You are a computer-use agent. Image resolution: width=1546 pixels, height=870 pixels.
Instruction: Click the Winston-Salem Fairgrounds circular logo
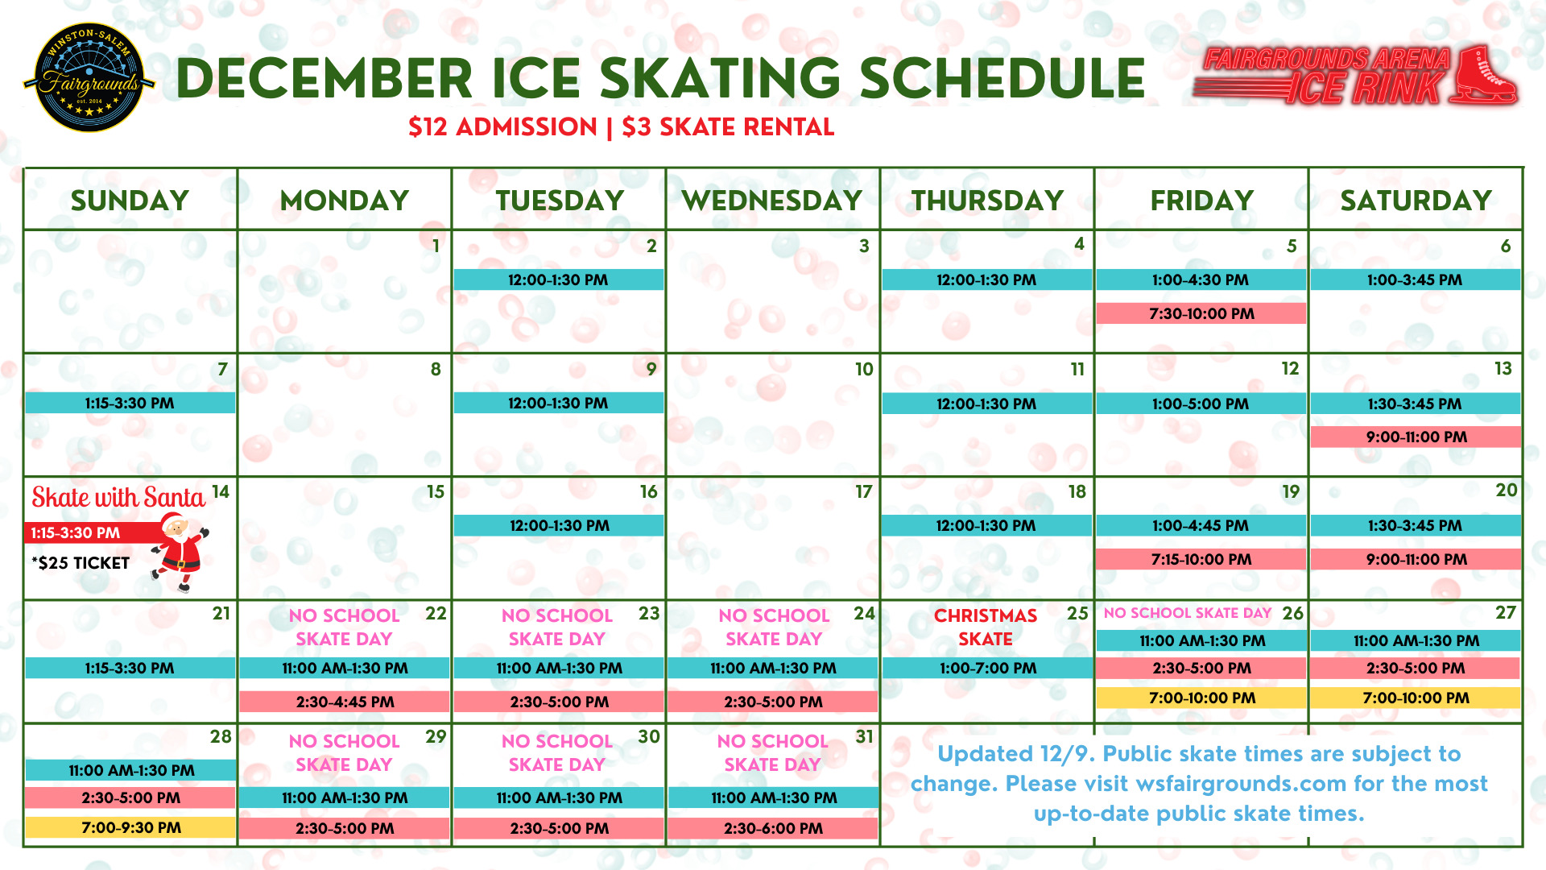89,78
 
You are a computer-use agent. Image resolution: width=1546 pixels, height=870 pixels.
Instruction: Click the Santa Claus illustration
180,552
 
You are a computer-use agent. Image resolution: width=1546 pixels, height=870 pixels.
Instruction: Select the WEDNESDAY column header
772,200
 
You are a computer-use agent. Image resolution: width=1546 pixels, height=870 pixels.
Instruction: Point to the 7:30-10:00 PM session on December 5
1201,313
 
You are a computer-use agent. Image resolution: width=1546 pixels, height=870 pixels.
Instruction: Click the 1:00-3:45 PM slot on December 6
1415,280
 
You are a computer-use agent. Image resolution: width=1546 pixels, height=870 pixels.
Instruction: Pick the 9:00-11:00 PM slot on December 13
1416,437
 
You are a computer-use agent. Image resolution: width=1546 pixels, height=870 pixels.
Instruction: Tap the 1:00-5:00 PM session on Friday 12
1201,404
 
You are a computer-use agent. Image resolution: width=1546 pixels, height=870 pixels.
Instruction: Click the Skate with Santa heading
118,498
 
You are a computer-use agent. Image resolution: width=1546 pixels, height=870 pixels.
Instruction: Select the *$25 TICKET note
81,563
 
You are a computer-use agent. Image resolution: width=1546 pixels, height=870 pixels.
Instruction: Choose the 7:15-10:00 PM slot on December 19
1201,559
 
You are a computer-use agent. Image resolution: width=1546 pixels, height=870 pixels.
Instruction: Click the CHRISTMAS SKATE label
986,627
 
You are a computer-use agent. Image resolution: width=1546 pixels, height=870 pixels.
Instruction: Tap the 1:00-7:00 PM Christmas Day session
987,668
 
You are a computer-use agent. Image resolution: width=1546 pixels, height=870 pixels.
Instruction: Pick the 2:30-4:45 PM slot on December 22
345,702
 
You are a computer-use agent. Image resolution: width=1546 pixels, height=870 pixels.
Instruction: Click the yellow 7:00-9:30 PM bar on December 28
130,827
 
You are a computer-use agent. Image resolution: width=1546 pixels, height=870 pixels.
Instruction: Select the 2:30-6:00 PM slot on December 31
773,828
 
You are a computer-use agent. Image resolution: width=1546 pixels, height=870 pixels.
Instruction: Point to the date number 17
863,491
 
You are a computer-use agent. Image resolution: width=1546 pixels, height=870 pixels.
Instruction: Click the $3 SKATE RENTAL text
728,127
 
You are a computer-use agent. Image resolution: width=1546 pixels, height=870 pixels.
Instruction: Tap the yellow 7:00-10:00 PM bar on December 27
1416,698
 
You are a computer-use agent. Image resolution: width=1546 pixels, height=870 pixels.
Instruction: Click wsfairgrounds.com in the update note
1241,783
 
